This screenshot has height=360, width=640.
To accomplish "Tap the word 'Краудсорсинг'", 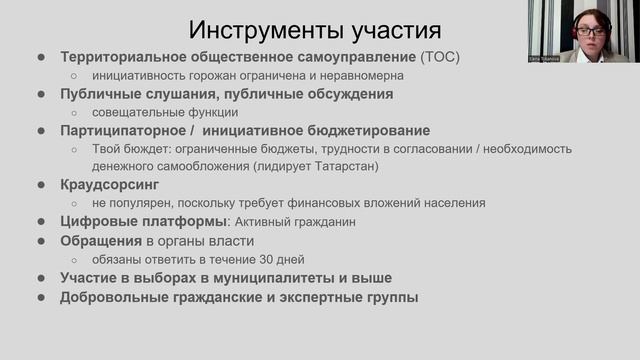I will click(x=110, y=185).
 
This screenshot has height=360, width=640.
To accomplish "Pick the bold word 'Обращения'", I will click(x=99, y=241).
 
